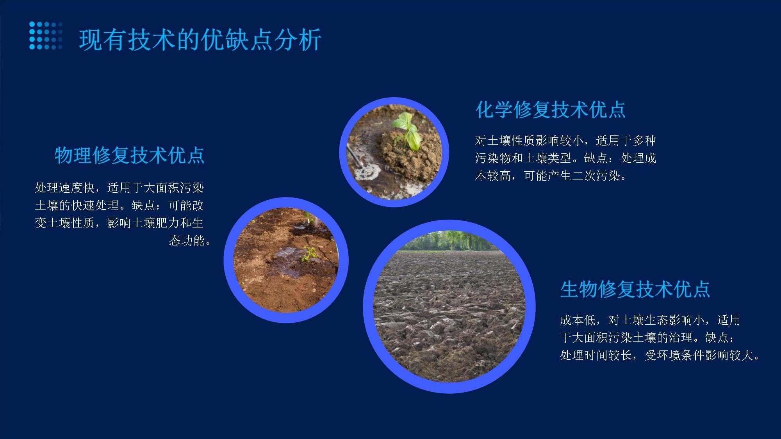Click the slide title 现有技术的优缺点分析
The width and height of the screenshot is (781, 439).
[200, 40]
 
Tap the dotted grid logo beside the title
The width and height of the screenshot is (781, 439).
[46, 36]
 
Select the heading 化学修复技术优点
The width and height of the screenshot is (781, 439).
[550, 110]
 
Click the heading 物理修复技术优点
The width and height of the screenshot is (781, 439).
[129, 155]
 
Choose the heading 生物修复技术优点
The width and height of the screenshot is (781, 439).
[635, 289]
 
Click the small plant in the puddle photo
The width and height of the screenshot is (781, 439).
[309, 254]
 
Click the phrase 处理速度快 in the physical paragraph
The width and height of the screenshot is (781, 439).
[65, 188]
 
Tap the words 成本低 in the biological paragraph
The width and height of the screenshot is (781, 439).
[578, 320]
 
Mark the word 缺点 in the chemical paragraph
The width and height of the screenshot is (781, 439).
[596, 158]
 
